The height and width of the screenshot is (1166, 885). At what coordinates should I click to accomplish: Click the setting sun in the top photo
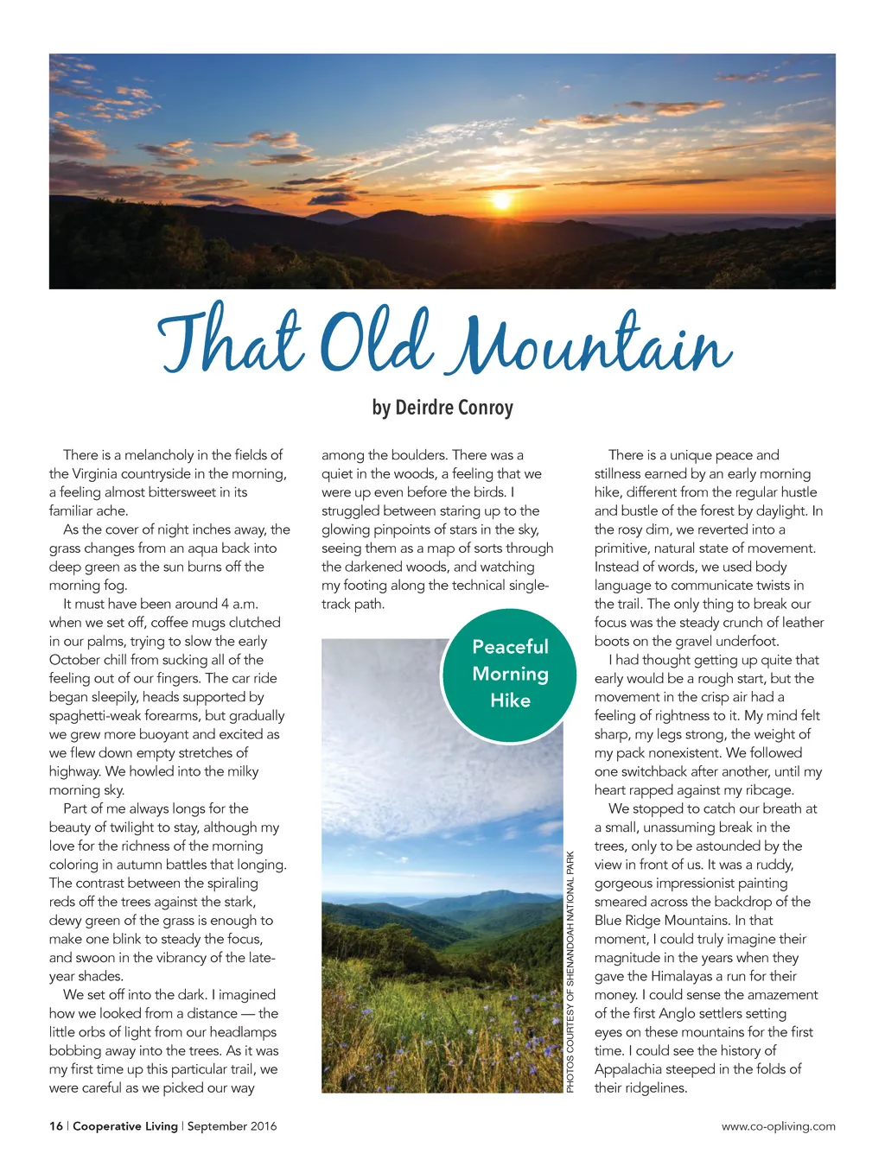500,200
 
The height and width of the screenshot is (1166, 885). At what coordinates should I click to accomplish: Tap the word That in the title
229,340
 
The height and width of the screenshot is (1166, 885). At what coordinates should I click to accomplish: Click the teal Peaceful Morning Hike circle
510,674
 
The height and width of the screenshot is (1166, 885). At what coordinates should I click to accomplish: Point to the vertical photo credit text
570,972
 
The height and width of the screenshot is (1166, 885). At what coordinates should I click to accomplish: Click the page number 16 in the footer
56,1126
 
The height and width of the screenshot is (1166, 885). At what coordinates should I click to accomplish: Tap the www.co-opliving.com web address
778,1126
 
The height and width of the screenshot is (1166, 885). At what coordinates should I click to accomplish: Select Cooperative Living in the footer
125,1126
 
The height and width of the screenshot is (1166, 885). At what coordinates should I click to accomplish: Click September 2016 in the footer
232,1126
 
